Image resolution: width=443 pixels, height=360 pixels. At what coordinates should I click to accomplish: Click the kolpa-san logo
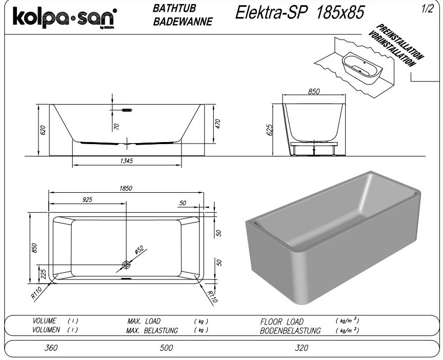65,17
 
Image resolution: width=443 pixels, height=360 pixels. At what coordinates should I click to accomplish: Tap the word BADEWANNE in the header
183,22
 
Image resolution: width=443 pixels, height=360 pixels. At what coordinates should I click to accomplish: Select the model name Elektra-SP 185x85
300,13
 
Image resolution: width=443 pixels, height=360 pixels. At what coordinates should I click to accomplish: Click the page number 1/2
427,9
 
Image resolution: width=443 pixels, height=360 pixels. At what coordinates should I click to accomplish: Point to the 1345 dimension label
126,161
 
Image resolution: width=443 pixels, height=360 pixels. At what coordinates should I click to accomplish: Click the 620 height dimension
43,130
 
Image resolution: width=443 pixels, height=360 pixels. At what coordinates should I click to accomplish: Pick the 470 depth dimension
218,124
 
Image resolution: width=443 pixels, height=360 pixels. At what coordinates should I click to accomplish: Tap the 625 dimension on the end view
270,130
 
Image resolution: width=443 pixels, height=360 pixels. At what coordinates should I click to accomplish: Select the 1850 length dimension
126,188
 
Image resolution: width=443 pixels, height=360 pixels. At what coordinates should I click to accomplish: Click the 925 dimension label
87,199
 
